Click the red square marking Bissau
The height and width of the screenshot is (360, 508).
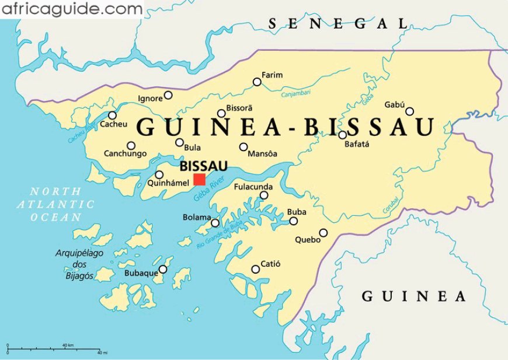[x=200, y=179]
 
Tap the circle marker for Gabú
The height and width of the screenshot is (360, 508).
[x=410, y=111]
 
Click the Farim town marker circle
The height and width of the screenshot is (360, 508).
[x=257, y=82]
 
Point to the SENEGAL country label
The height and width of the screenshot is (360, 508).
[x=337, y=23]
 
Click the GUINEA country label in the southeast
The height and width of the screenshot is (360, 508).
[x=414, y=296]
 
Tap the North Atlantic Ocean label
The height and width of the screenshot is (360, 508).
[x=56, y=204]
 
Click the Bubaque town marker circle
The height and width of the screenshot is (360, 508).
[x=163, y=269]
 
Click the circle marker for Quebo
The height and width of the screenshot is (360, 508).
[x=323, y=233]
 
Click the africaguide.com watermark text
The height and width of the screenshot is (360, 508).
[x=71, y=9]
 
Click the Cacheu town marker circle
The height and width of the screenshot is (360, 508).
[x=112, y=115]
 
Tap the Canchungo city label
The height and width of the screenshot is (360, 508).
[x=125, y=154]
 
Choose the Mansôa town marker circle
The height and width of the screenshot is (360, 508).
[x=243, y=147]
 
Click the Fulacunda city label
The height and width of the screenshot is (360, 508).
[x=253, y=187]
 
